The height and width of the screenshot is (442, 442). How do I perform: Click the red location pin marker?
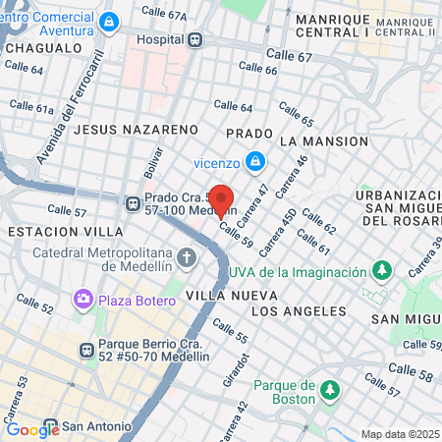[222, 200]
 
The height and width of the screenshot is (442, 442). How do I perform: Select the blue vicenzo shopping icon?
[254, 159]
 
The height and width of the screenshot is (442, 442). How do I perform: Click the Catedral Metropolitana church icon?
[187, 258]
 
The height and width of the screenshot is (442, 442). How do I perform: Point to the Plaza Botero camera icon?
[83, 297]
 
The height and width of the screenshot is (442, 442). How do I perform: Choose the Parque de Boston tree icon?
[331, 391]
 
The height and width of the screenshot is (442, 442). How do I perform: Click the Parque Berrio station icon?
[87, 348]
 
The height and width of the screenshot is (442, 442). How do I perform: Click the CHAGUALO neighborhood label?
[42, 46]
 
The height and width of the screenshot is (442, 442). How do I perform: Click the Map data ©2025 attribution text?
[400, 434]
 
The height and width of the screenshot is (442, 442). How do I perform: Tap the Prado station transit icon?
[133, 202]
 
